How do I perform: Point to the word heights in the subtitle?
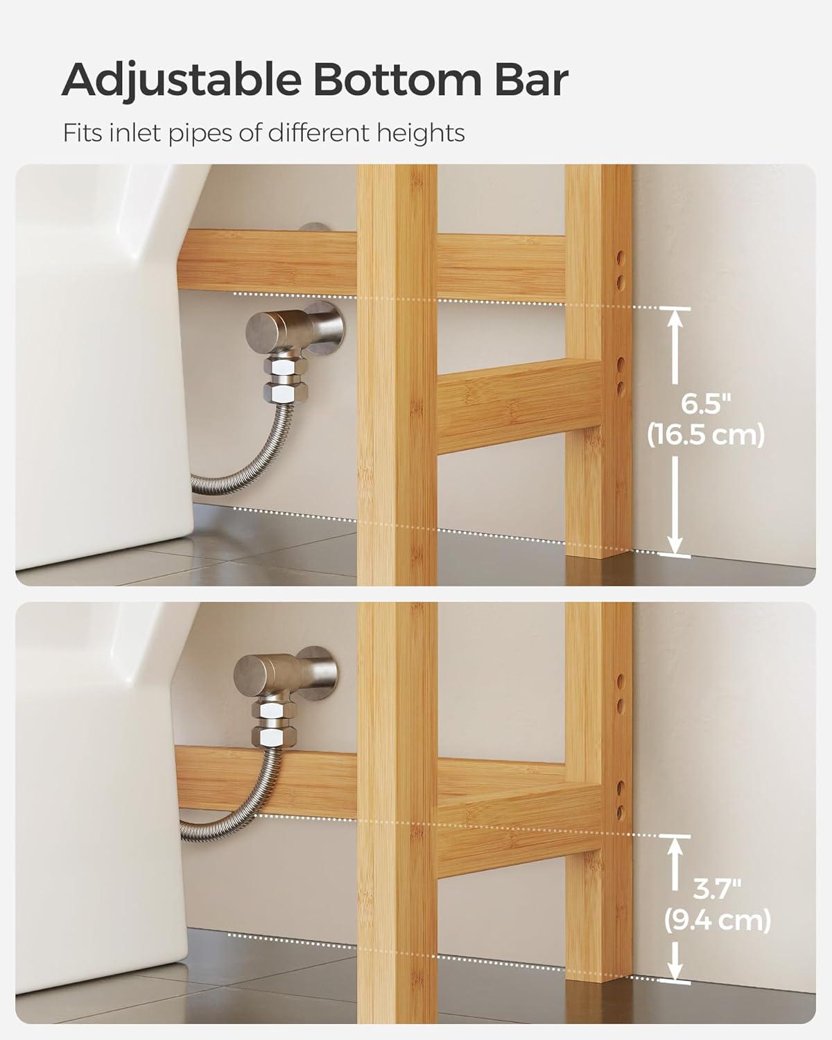421,132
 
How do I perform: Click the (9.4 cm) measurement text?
718,921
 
